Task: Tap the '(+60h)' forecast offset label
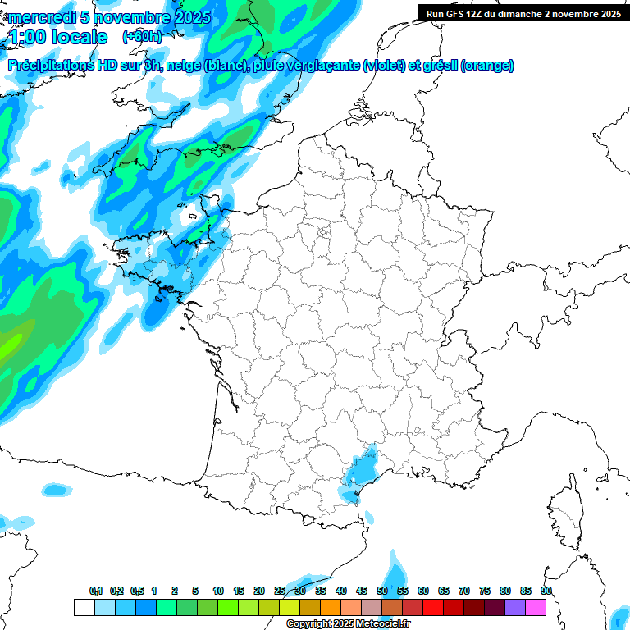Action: pos(140,37)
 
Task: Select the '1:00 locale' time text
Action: pos(57,38)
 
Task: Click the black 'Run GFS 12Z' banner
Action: pos(523,13)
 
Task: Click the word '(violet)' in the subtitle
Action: pos(385,66)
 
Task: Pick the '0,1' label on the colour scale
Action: pos(96,591)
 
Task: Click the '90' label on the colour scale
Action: pos(546,591)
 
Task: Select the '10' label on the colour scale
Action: pos(218,591)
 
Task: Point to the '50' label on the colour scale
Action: pos(382,591)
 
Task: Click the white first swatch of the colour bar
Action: pos(84,607)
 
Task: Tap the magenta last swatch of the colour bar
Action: pos(536,607)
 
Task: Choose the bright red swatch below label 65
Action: pos(454,607)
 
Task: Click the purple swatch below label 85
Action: pos(515,607)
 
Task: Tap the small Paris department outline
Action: pos(324,233)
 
